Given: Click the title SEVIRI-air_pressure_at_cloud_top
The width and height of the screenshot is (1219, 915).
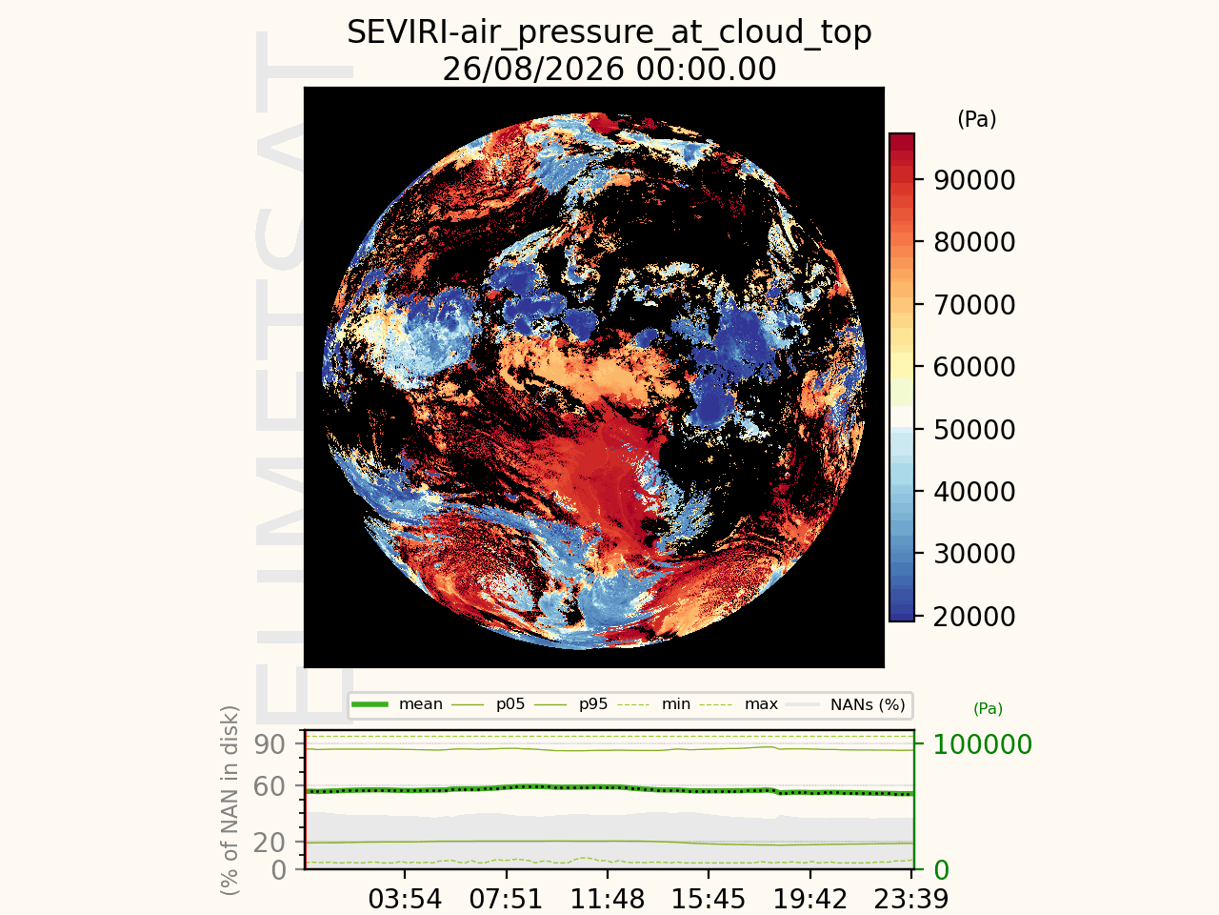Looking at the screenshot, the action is [x=609, y=32].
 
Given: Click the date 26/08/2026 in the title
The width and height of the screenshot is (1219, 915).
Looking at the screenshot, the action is [x=533, y=69].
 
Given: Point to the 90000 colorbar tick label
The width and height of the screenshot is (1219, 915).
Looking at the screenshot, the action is [x=974, y=180].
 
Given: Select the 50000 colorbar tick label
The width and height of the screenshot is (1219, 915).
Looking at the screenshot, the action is [x=974, y=430].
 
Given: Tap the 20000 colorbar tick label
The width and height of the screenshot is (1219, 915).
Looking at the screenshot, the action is [x=974, y=616].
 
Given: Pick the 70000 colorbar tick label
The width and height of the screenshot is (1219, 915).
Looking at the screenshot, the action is [x=974, y=304].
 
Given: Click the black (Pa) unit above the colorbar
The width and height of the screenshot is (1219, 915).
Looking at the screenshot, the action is [x=977, y=119].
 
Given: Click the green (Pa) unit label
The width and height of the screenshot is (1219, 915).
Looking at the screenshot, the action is [x=988, y=708].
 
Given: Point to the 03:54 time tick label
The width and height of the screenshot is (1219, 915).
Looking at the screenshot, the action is [x=405, y=900].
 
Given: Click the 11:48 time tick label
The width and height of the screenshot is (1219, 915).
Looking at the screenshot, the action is [x=608, y=900].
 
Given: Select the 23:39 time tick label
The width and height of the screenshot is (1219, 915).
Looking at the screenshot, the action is [x=910, y=900].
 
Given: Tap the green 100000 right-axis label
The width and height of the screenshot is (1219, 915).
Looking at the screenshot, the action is [x=983, y=744].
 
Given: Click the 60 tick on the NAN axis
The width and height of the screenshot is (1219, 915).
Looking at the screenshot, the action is [x=270, y=786].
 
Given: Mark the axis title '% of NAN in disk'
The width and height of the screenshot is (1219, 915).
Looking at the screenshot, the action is [x=229, y=801].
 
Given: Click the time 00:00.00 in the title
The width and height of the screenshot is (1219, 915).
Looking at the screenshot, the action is [x=706, y=69].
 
